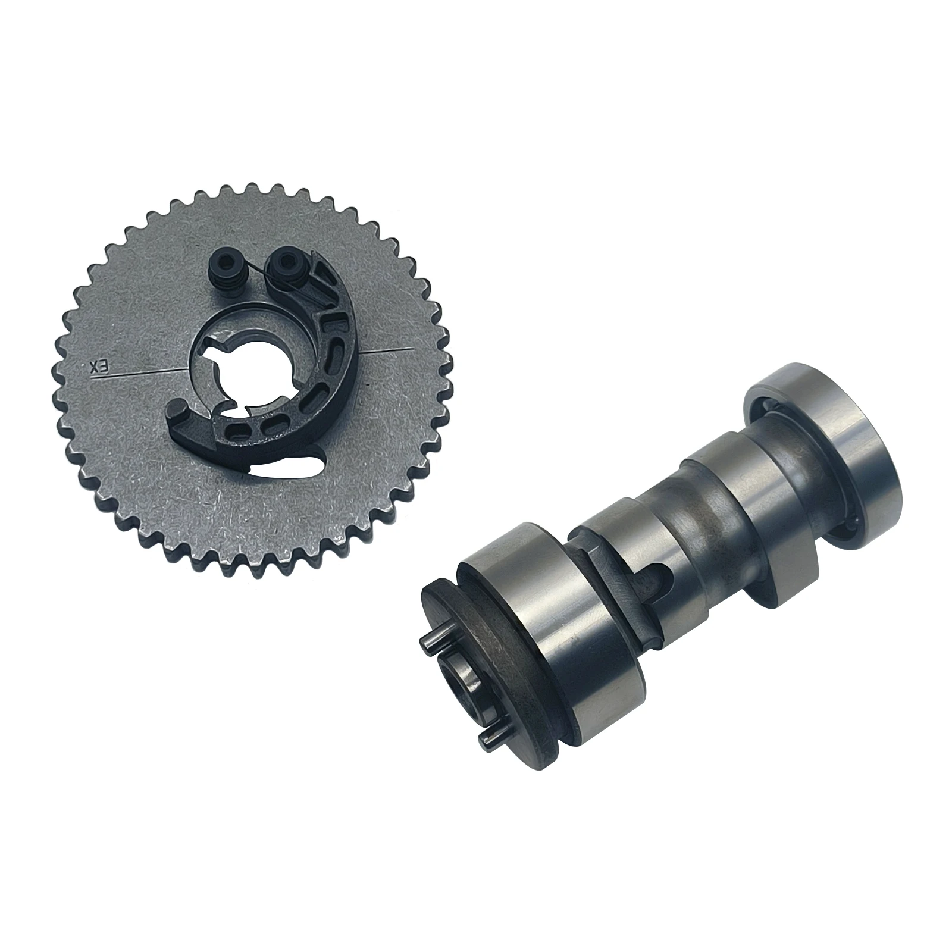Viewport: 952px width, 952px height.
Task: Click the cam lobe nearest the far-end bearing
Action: (744, 494)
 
